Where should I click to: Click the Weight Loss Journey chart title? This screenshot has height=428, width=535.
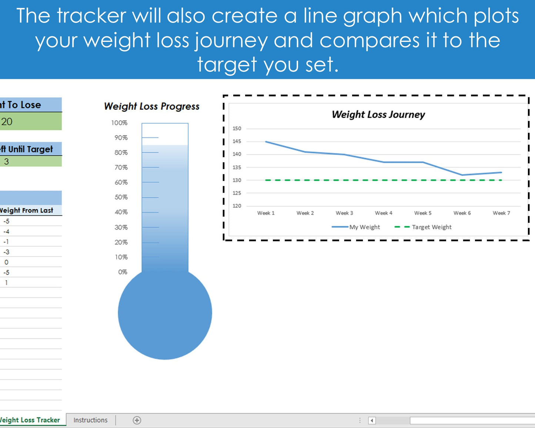point(378,114)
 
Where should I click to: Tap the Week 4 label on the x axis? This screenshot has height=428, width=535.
point(383,213)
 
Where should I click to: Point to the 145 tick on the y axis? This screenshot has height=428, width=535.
point(237,141)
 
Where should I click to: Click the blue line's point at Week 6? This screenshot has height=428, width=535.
point(462,175)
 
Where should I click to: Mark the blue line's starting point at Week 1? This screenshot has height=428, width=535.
point(266,142)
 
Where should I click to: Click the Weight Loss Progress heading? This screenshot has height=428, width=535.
point(151,107)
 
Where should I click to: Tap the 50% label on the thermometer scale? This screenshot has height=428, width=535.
point(121,197)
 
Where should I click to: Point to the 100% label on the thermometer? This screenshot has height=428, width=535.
point(119,123)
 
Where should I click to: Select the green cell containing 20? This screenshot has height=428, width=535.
point(30,121)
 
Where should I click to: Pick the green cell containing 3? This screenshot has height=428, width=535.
point(30,161)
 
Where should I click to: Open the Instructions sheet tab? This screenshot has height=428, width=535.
point(90,420)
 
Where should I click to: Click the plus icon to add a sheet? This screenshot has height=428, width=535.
point(137,420)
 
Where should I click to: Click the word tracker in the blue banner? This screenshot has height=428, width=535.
point(91,16)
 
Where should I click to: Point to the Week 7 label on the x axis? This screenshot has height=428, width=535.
point(501,213)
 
